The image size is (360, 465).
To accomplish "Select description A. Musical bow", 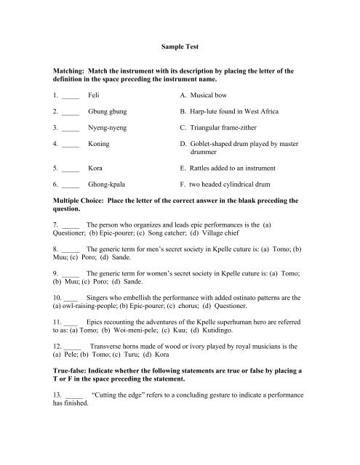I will point(207,95).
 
